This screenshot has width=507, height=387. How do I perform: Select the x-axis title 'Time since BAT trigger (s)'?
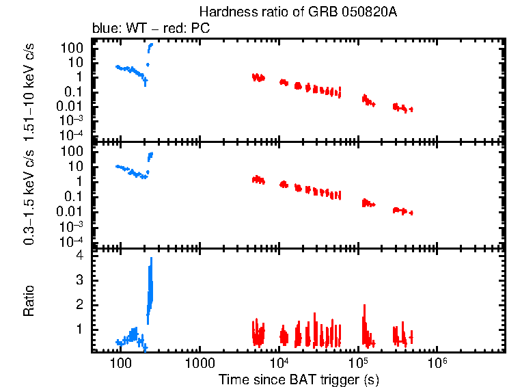click(299, 378)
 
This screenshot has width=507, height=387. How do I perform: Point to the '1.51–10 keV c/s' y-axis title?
click(30, 90)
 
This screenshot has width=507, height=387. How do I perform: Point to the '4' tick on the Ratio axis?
click(79, 255)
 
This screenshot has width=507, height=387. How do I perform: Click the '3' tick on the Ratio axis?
click(79, 280)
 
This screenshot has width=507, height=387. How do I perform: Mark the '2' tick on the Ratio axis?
click(79, 304)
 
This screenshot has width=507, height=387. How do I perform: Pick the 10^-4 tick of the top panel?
click(72, 135)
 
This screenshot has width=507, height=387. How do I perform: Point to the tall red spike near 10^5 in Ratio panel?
click(364, 318)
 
